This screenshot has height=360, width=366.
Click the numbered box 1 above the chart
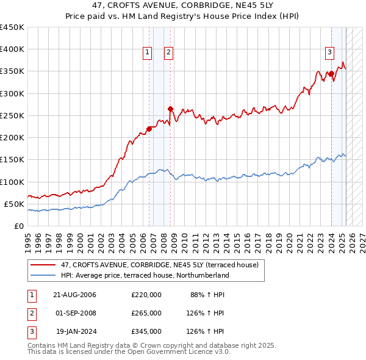(148, 53)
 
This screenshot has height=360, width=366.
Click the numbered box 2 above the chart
(168, 53)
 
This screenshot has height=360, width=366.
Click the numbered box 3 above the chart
(329, 53)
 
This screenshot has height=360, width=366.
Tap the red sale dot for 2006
(149, 129)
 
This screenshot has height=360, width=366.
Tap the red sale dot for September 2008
(170, 109)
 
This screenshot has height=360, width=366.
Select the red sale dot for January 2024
(331, 74)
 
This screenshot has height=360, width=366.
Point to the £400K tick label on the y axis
(12, 49)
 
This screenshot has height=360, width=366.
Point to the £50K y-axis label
(14, 204)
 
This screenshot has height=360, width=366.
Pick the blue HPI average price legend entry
(145, 275)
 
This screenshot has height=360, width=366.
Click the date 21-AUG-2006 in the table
(75, 295)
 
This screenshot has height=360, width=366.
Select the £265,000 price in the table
(146, 313)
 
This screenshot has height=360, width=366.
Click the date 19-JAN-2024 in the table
(76, 331)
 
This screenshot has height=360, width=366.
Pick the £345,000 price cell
(146, 331)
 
